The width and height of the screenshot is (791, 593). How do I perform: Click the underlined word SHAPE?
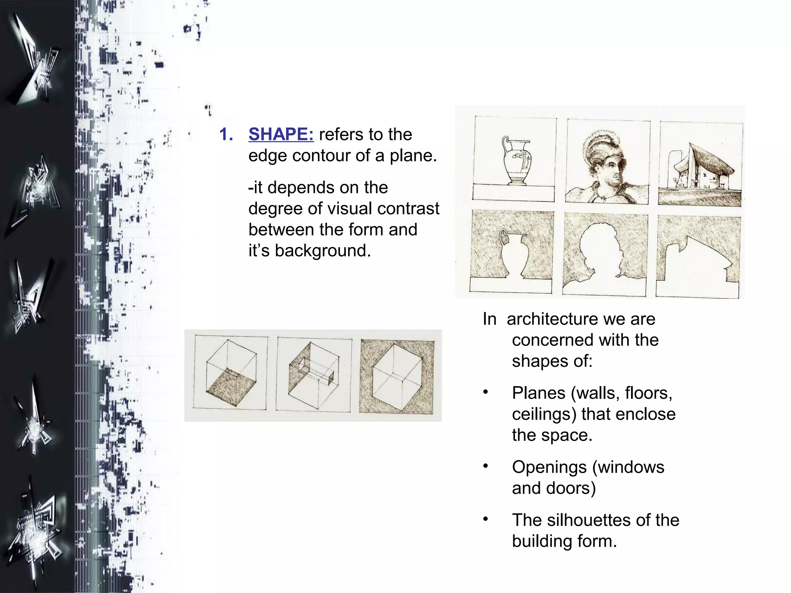coord(281,134)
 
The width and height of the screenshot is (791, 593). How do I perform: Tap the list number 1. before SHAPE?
coord(226,134)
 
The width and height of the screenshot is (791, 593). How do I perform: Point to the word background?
coord(323,251)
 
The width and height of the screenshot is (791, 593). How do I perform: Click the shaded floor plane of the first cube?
coord(231,386)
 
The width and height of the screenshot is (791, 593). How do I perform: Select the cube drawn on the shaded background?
coord(397,376)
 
